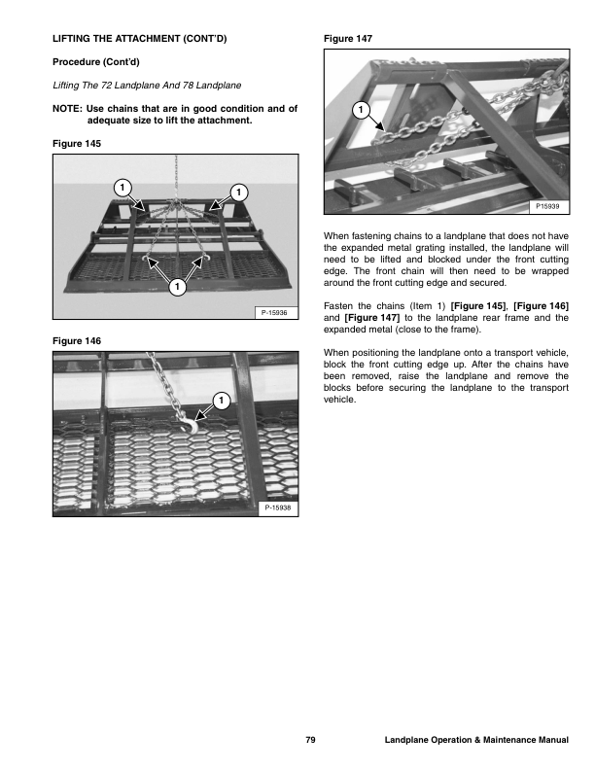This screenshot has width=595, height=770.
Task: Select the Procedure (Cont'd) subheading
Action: (96, 61)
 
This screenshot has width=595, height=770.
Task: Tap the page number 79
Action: (310, 742)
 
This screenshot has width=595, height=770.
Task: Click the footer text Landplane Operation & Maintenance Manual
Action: (476, 742)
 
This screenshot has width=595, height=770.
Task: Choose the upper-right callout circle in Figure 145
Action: (238, 189)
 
